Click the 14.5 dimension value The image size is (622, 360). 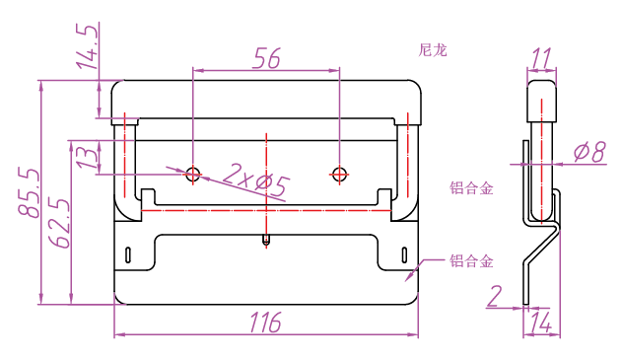click(87, 46)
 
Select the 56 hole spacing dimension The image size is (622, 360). click(266, 58)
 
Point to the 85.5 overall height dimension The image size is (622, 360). click(29, 192)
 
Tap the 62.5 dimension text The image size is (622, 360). click(59, 223)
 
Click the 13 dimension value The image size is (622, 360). click(87, 158)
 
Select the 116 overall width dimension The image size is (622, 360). click(265, 322)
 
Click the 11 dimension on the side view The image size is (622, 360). click(541, 58)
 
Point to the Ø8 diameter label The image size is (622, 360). click(589, 152)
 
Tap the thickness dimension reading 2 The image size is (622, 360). click(495, 296)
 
